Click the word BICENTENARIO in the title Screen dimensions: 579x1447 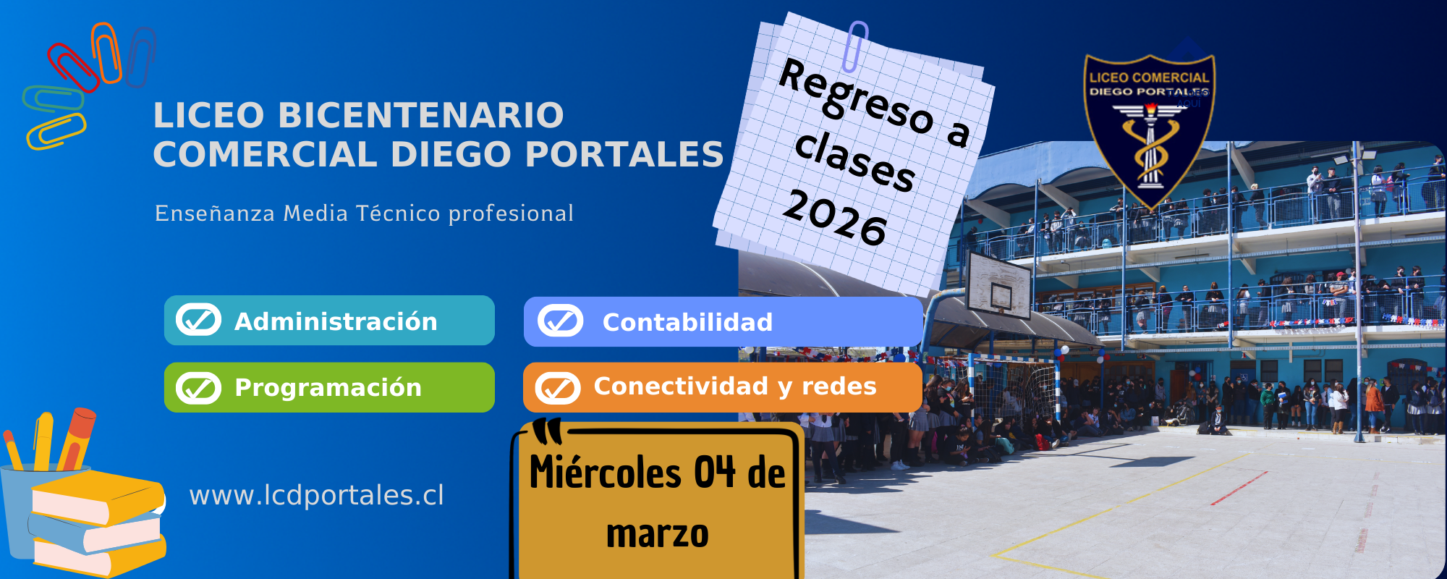(x=420, y=116)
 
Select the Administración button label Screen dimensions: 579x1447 (x=336, y=321)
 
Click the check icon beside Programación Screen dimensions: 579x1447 (x=198, y=388)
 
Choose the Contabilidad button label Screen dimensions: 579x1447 (x=687, y=322)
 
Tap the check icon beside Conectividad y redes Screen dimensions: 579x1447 (x=558, y=388)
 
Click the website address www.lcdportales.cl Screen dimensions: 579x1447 (x=316, y=495)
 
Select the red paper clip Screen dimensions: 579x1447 (x=72, y=67)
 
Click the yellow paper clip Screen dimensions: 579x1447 (x=56, y=132)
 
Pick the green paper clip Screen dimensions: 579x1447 (x=53, y=98)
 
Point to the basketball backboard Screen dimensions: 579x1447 (x=998, y=284)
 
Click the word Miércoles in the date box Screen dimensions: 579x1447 (x=605, y=473)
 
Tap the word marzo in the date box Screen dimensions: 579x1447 (x=657, y=534)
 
